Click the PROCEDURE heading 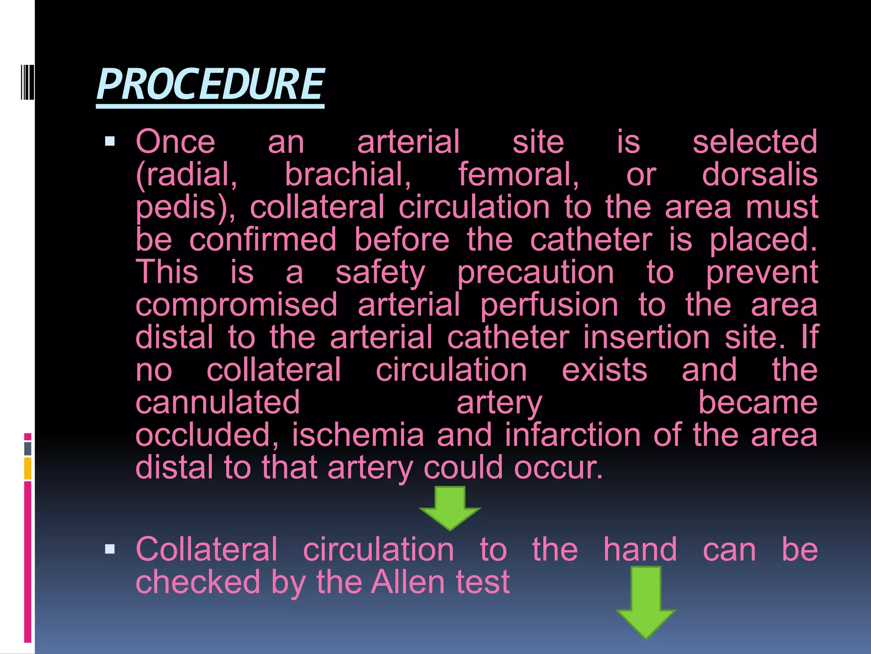point(210,85)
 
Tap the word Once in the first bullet point(175,142)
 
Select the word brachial point(347,175)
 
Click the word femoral point(518,175)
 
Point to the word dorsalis point(760,175)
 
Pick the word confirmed point(263,240)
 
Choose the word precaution point(535,272)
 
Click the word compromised point(236,305)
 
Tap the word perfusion point(549,305)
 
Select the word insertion point(646,338)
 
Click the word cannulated point(218,403)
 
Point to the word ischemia point(358,435)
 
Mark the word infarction point(572,435)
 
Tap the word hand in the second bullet point(640,550)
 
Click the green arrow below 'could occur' point(450,508)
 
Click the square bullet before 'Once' point(110,141)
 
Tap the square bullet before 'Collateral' point(110,549)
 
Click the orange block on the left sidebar point(28,468)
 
